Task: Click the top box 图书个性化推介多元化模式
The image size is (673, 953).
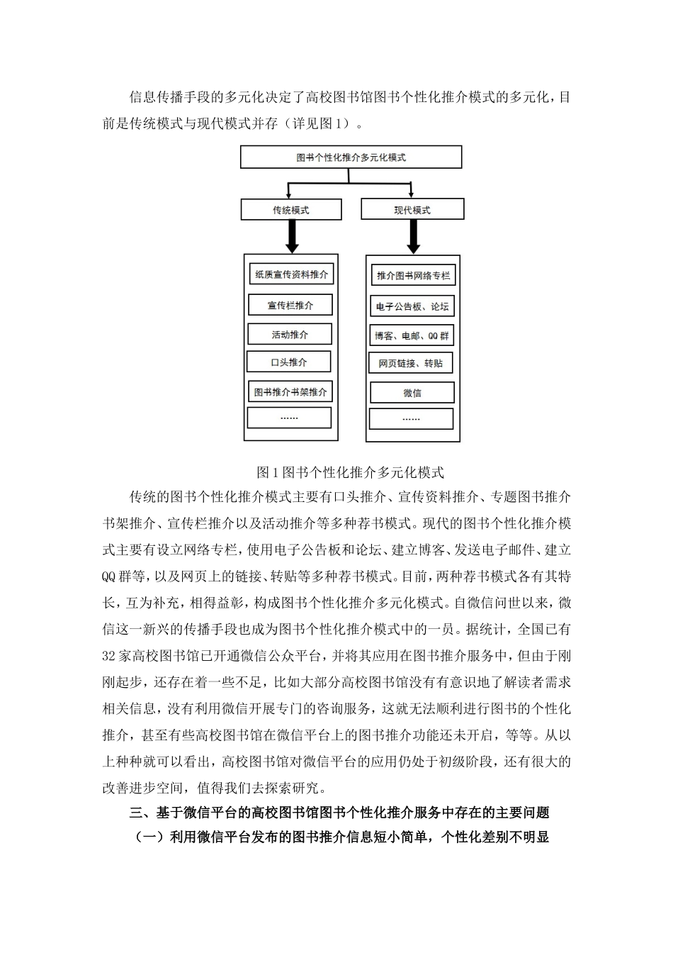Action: [x=351, y=157]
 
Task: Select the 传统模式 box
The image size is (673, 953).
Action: [x=291, y=210]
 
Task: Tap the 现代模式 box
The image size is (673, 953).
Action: [x=412, y=210]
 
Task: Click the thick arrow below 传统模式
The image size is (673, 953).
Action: [x=291, y=235]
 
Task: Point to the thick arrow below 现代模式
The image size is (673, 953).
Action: [x=413, y=236]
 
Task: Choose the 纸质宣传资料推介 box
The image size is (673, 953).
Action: [x=290, y=275]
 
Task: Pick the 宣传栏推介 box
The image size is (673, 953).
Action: [x=290, y=306]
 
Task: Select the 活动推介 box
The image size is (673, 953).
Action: [x=290, y=335]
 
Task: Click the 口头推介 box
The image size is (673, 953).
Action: [x=289, y=362]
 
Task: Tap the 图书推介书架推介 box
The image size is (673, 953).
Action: [x=290, y=391]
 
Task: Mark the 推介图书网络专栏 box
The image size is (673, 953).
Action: [x=413, y=276]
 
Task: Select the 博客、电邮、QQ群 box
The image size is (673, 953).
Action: [x=412, y=335]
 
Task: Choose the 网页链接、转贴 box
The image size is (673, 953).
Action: [x=411, y=364]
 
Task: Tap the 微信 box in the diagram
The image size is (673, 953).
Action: [x=412, y=393]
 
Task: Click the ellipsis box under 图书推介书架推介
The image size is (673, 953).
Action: [x=289, y=418]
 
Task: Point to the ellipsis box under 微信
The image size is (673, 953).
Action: [x=411, y=419]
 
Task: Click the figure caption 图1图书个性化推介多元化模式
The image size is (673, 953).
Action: [x=350, y=472]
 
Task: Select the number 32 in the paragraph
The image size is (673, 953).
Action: [x=109, y=656]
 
